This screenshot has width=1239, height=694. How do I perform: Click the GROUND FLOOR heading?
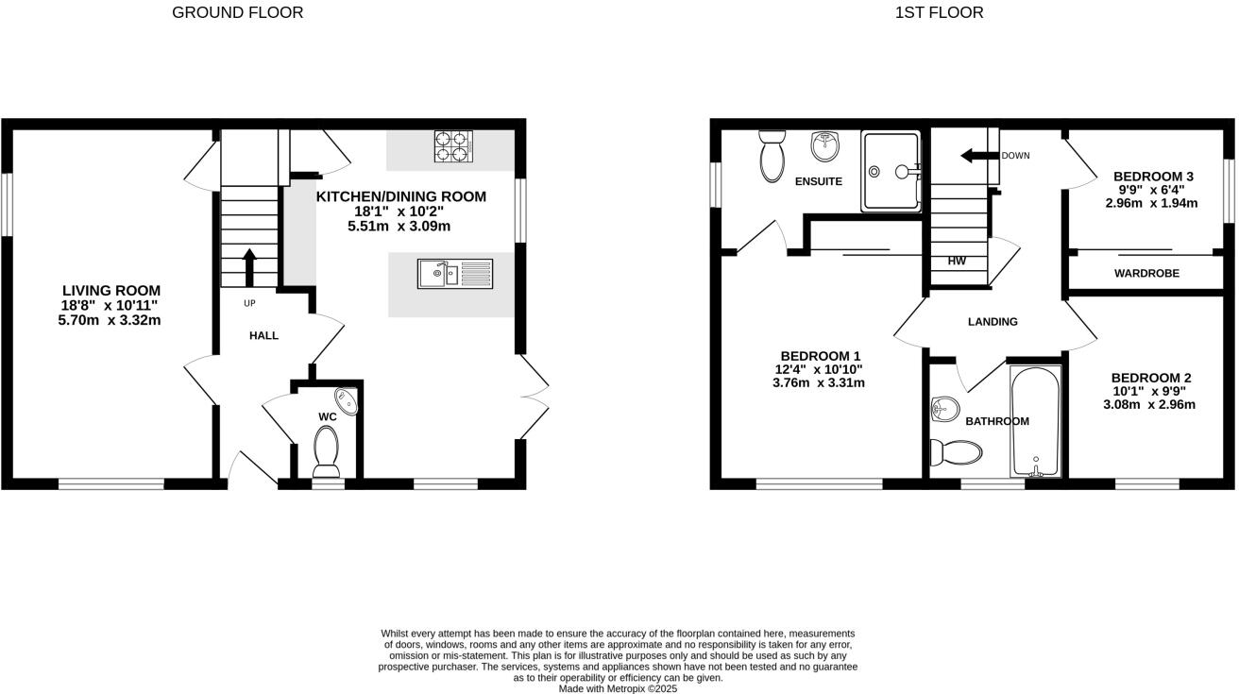click(x=237, y=12)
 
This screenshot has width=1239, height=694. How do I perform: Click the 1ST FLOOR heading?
click(x=939, y=12)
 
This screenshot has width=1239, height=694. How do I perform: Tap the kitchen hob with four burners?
click(x=450, y=146)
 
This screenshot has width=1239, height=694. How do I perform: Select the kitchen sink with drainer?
click(x=454, y=274)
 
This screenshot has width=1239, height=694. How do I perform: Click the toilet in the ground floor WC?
click(x=326, y=450)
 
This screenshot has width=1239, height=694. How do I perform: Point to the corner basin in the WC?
click(x=348, y=400)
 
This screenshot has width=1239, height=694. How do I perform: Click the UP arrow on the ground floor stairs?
click(x=249, y=266)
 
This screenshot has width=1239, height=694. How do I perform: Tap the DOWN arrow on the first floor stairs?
click(x=978, y=156)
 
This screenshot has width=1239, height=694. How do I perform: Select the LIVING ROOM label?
click(x=111, y=291)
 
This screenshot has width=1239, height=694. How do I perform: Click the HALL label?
click(x=263, y=335)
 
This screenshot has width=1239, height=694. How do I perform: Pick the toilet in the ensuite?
click(x=772, y=157)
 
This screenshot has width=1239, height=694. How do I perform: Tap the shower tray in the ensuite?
click(x=890, y=171)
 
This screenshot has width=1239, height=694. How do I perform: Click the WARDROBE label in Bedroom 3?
click(x=1146, y=274)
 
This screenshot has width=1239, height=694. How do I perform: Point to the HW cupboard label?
click(x=957, y=262)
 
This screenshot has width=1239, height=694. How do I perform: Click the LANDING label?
click(x=993, y=322)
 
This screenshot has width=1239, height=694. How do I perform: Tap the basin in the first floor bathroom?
click(x=944, y=409)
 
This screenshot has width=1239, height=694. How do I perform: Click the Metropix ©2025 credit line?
click(x=618, y=688)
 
